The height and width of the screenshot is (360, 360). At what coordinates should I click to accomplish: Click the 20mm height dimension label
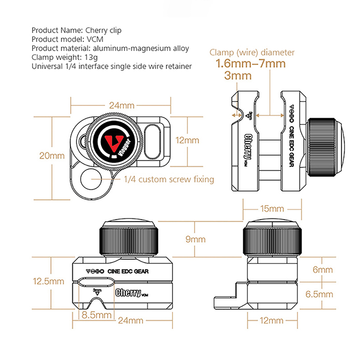pos(52,155)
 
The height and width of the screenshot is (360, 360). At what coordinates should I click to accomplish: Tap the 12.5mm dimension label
pos(49,281)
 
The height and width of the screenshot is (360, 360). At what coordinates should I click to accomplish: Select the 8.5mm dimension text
pos(97,315)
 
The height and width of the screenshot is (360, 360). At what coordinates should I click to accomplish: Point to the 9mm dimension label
pos(195,239)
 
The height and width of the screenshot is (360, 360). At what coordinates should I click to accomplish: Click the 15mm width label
pos(272,209)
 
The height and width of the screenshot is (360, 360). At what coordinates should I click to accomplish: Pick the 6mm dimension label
pos(323,270)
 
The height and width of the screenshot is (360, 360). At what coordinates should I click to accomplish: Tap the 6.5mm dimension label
pos(319,294)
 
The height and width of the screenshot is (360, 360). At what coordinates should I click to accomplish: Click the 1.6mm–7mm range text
pos(251,64)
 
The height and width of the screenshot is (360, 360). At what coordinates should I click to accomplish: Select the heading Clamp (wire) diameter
pos(252,53)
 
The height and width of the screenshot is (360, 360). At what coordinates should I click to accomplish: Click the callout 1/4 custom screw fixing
pos(169,179)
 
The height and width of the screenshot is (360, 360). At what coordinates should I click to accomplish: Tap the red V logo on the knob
pos(113,143)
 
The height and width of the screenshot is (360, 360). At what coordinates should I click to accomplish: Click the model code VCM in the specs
pos(95,39)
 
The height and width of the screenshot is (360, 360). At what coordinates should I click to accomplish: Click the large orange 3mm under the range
pos(238,75)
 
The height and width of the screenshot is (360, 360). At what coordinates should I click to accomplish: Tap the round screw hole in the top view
pos(90,179)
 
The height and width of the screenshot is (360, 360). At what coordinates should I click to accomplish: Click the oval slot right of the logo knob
pos(152,142)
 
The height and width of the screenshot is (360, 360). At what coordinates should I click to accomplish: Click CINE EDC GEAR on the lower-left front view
pos(128,271)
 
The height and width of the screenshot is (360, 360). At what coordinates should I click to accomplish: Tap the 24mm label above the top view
pos(122,105)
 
